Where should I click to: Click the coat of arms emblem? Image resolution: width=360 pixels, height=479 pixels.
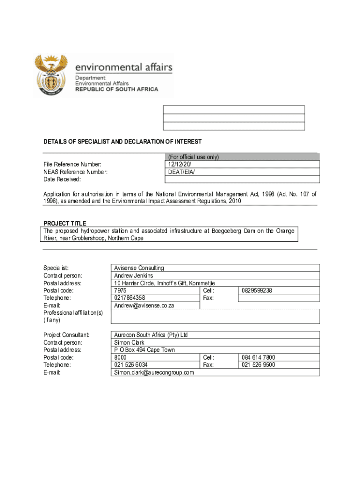point(52,75)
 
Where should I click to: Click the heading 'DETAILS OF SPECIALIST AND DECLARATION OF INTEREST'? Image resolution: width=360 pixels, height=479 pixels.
point(122,142)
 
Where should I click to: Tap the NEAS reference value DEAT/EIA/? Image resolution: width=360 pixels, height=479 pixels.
point(181,172)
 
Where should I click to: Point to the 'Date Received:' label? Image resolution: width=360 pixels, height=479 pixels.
point(62,179)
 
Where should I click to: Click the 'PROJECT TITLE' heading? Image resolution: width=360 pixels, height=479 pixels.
point(65,223)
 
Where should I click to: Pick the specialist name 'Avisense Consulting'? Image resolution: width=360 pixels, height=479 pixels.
point(139,268)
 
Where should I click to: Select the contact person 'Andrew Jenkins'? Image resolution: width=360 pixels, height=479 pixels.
point(133,276)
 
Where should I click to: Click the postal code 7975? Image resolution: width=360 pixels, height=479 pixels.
point(120,290)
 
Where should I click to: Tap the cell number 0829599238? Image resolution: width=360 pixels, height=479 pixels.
point(257,290)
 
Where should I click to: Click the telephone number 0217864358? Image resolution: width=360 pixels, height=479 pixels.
point(130,298)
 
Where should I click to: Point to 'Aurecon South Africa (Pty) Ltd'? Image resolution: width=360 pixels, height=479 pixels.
point(151,335)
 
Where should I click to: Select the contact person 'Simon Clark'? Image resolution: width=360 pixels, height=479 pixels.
point(129,342)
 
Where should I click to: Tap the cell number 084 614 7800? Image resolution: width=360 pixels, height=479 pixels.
point(258,357)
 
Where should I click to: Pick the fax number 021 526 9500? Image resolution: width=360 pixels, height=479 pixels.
point(258,365)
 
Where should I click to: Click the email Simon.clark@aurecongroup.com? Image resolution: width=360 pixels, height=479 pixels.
point(154,372)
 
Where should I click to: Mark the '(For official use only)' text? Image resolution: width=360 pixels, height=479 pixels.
point(193,157)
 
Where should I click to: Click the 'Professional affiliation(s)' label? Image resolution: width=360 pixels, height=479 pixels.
point(73,312)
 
